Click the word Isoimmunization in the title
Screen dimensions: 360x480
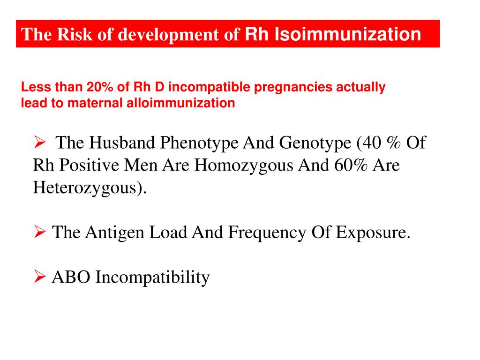tap(347, 34)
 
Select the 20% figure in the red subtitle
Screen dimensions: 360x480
tap(97, 87)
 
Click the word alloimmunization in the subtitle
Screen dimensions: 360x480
tap(180, 103)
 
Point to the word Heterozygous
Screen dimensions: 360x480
tap(90, 188)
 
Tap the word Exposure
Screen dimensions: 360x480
tap(373, 232)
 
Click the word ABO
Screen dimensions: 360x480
tap(71, 277)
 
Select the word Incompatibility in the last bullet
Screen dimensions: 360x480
tap(153, 277)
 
